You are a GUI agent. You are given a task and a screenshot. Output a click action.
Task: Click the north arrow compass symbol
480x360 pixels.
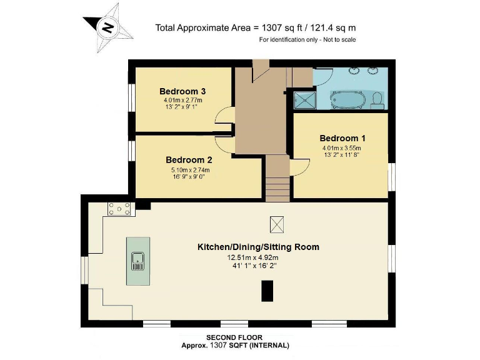[107, 27]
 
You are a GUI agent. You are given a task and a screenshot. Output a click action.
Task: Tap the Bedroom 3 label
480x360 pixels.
[182, 91]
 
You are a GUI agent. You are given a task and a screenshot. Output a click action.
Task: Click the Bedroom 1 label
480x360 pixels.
[342, 138]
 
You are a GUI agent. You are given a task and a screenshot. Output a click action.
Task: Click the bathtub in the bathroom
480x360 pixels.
[347, 100]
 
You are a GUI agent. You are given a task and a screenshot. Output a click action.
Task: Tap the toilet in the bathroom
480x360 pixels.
[377, 100]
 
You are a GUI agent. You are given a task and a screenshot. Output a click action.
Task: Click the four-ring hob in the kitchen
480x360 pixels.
[119, 209]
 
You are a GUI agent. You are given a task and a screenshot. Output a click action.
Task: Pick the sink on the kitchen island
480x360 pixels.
[138, 261]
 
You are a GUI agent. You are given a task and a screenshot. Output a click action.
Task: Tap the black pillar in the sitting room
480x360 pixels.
[267, 291]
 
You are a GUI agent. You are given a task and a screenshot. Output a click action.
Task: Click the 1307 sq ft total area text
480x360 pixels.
[256, 27]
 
